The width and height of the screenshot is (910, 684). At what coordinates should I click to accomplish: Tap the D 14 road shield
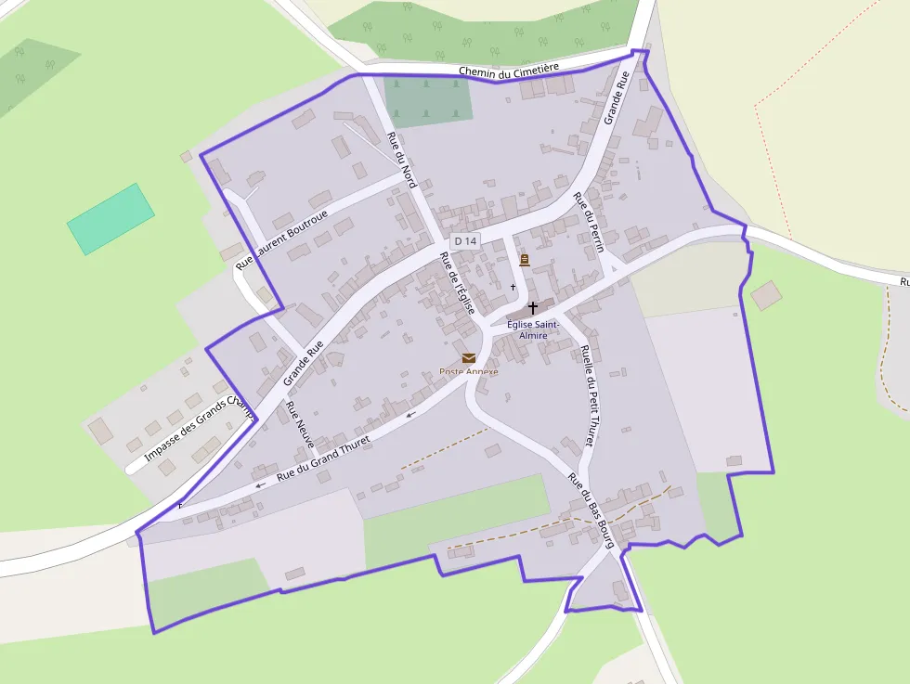[465, 241]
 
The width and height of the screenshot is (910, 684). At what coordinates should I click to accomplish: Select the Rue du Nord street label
[401, 159]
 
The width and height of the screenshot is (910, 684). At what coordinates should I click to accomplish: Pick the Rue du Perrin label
[589, 222]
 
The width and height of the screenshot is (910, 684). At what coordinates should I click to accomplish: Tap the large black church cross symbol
[533, 306]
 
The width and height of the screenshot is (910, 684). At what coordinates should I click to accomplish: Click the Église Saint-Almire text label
[533, 329]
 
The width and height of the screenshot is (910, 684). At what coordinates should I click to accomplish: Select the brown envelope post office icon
[469, 358]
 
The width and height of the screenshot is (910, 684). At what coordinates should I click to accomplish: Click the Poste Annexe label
[469, 372]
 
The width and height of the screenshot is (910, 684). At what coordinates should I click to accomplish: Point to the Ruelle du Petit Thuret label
[587, 395]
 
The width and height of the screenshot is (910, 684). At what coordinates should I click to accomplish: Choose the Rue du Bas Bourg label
[591, 510]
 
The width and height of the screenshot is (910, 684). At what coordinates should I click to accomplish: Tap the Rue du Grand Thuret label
[323, 458]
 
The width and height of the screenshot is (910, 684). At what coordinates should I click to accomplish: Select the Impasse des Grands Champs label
[199, 430]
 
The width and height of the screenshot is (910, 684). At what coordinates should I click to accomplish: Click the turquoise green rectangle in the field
[110, 218]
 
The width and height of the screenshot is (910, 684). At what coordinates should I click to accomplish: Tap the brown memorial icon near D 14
[525, 260]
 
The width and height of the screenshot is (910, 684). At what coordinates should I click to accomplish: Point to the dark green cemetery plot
[428, 100]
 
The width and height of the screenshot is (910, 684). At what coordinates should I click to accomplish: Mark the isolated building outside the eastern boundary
[766, 296]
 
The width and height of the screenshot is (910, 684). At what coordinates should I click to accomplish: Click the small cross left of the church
[513, 287]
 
